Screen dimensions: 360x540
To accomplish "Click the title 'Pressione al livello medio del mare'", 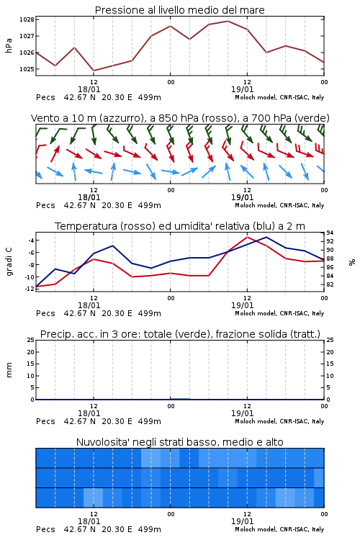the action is tap(179, 10).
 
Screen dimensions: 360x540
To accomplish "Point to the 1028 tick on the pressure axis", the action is tap(27, 19).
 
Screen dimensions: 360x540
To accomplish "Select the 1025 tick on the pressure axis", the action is tap(27, 69).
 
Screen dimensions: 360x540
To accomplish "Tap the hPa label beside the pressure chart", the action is tap(9, 45).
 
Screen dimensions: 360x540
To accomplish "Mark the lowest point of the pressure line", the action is tap(94, 71).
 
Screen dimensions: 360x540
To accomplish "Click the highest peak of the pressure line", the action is tap(228, 21).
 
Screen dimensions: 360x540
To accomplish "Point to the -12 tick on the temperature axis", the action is tap(30, 289).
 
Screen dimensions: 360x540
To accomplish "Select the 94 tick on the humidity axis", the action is tap(330, 233).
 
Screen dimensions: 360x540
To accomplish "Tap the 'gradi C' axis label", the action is tap(9, 262).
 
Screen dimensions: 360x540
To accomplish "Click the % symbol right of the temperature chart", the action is tap(352, 262).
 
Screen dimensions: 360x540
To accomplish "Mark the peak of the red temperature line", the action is tap(247, 237).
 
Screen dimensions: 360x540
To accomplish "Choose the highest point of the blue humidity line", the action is tap(266, 237).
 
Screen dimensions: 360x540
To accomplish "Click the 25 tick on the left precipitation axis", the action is tap(31, 340).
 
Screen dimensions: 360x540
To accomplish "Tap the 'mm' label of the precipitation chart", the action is tap(9, 370).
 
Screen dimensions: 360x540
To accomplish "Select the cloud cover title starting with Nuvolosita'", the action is tap(179, 442).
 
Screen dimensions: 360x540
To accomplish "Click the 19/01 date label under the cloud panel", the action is tap(242, 521).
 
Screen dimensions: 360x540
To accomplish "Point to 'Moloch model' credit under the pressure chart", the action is tap(256, 97).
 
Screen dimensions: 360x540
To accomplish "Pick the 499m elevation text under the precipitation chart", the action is tap(150, 421).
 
